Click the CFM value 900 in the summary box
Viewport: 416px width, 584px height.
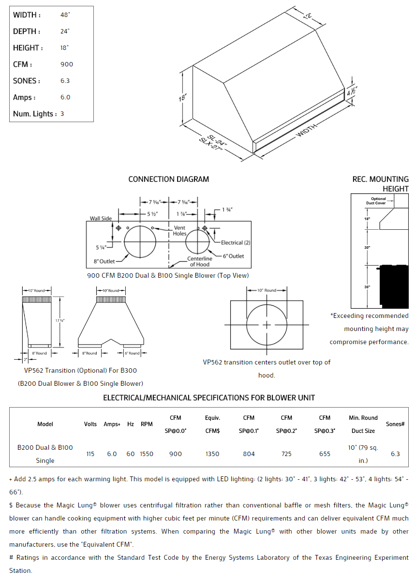(67, 64)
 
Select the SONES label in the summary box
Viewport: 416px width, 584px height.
(26, 81)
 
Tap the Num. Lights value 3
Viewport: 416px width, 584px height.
(62, 114)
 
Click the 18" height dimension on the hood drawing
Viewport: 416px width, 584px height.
(182, 97)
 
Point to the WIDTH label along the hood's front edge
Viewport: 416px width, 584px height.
(307, 130)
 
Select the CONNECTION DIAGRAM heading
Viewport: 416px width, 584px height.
(168, 179)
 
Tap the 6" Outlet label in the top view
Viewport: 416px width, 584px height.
(233, 256)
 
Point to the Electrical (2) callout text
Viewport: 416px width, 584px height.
(236, 242)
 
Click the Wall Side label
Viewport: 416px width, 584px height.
(101, 219)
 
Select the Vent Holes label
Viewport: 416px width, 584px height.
(179, 231)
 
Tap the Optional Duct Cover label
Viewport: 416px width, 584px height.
(378, 201)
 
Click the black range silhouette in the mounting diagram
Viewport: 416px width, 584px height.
(393, 286)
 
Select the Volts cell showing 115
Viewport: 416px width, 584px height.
(90, 454)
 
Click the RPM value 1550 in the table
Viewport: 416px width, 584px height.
(147, 454)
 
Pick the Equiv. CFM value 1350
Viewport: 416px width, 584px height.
(212, 454)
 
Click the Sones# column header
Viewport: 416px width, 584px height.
(395, 424)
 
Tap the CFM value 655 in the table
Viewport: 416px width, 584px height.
(325, 454)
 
